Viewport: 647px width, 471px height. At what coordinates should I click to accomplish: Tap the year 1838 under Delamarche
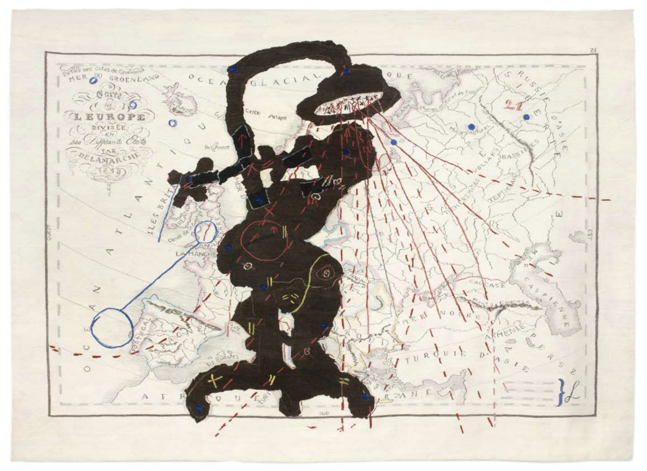(x=106, y=172)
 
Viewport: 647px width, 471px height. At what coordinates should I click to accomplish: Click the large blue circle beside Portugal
(x=112, y=327)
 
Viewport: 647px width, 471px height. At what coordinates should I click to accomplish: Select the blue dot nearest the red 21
(x=526, y=117)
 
